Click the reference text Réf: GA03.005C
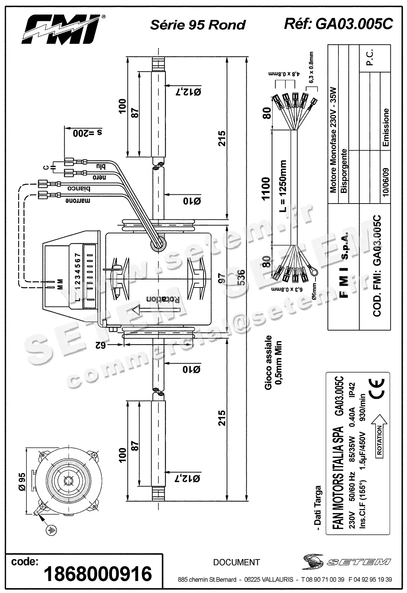(338, 24)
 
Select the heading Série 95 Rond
(198, 25)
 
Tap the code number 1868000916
(98, 574)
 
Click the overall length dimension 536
(241, 278)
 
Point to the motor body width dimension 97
(222, 278)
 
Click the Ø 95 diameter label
(22, 482)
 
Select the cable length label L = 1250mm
(283, 187)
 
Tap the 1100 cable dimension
(266, 188)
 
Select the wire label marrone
(78, 200)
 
